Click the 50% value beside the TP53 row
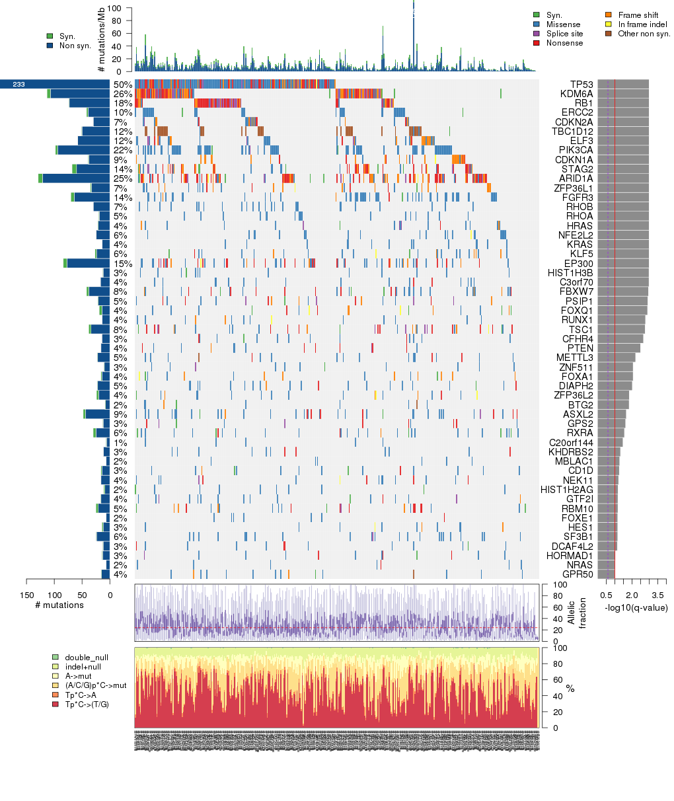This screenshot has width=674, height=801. [122, 85]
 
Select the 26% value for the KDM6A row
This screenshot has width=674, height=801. [122, 94]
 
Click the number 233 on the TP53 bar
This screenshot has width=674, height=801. [19, 85]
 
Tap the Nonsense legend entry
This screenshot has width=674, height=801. [564, 43]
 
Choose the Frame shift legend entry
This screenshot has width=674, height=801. [638, 15]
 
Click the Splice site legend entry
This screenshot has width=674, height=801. [564, 34]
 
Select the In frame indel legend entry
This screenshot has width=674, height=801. [642, 24]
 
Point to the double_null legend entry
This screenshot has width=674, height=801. [86, 658]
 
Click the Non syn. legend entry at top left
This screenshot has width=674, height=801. [75, 46]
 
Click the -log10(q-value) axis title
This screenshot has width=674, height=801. [636, 607]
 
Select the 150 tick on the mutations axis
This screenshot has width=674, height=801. [26, 595]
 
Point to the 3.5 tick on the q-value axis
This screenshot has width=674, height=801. [658, 595]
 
